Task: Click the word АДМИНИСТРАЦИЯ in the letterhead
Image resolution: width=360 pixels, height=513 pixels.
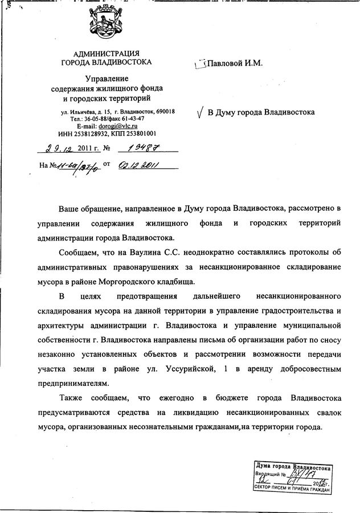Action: click(107, 54)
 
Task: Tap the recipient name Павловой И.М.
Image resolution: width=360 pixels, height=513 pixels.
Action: click(235, 64)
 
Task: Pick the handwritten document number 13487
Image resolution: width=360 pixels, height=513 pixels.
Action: click(140, 149)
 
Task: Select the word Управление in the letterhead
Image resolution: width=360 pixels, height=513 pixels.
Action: click(107, 78)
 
